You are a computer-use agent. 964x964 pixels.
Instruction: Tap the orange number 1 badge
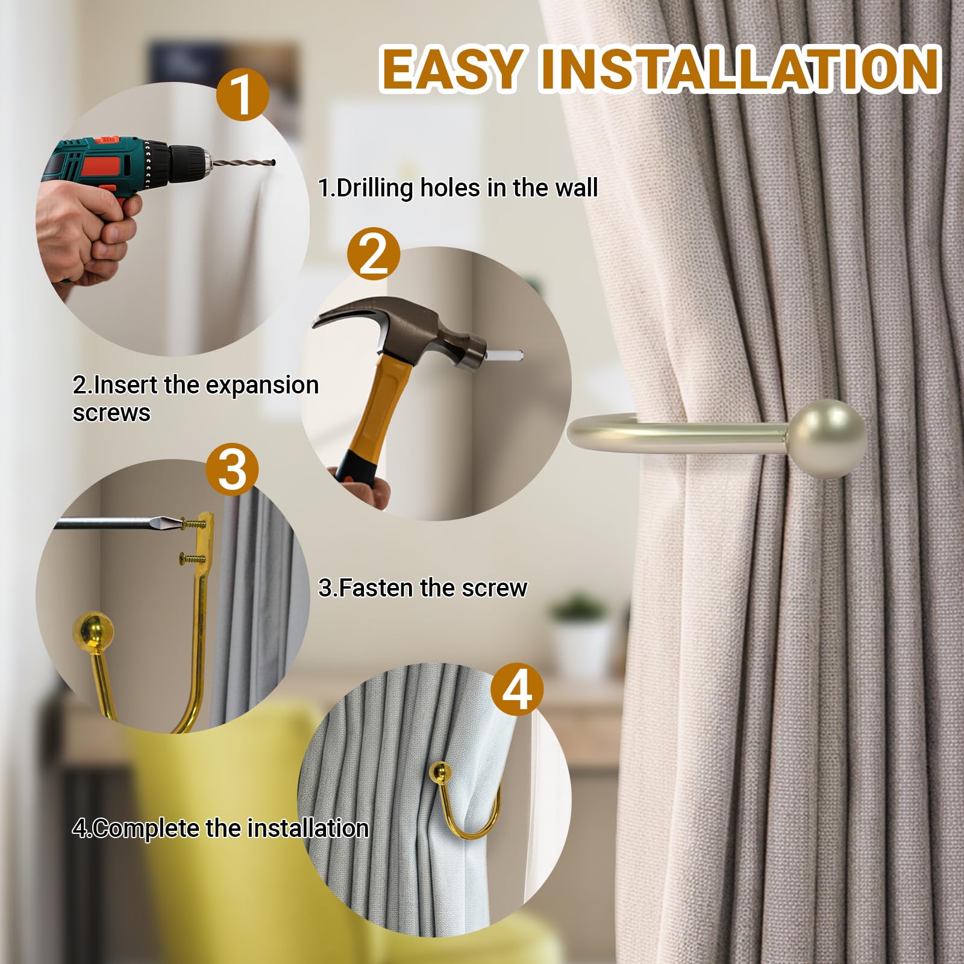click(x=242, y=94)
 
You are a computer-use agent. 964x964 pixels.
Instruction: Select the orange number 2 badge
click(x=374, y=254)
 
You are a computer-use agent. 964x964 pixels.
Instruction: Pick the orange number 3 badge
click(x=232, y=469)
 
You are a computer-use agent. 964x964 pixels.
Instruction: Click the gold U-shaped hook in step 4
click(x=464, y=801)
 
